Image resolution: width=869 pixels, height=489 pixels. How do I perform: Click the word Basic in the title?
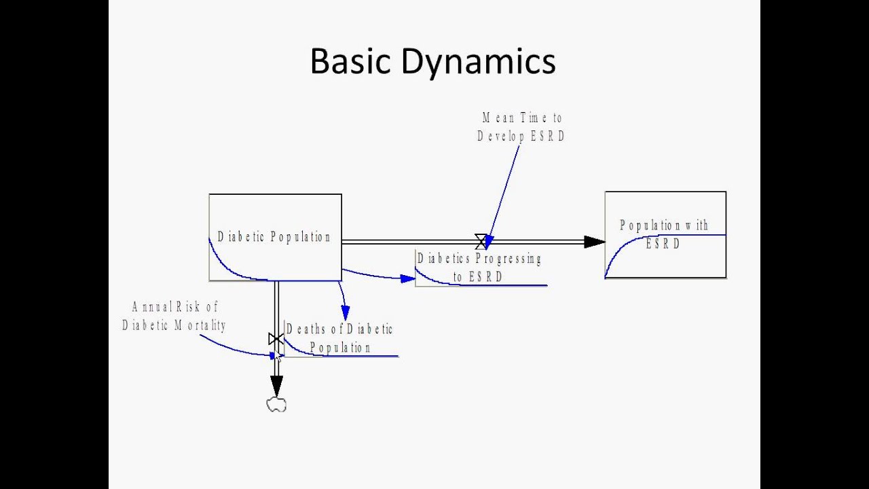pyautogui.click(x=350, y=62)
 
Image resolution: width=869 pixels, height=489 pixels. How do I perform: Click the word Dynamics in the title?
pyautogui.click(x=478, y=62)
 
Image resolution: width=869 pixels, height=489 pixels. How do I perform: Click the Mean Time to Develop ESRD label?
pyautogui.click(x=521, y=127)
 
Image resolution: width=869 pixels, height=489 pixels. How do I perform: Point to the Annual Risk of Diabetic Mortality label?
pyautogui.click(x=174, y=316)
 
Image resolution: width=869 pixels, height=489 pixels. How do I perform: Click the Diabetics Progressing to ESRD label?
pyautogui.click(x=479, y=268)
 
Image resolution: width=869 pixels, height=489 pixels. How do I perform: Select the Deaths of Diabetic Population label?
pyautogui.click(x=339, y=338)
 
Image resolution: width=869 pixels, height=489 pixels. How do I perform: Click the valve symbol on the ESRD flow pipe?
pyautogui.click(x=481, y=241)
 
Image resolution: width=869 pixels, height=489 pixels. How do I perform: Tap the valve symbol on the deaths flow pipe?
pyautogui.click(x=276, y=338)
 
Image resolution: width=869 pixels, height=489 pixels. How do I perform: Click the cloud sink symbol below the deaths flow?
pyautogui.click(x=276, y=405)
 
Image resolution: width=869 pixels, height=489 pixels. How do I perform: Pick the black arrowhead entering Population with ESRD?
pyautogui.click(x=594, y=242)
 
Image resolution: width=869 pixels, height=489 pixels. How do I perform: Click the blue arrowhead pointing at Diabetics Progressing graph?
pyautogui.click(x=408, y=278)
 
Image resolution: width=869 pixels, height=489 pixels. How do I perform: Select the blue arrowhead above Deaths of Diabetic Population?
pyautogui.click(x=346, y=313)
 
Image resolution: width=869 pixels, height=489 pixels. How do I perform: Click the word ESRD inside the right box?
pyautogui.click(x=663, y=244)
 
